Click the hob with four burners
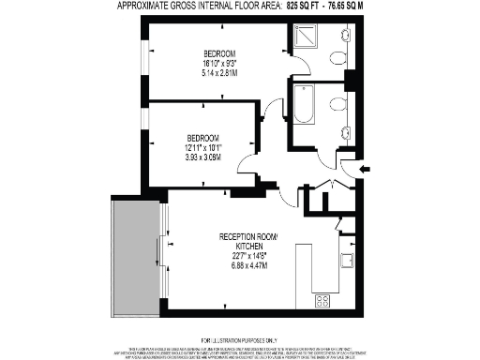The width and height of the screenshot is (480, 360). coord(323,301)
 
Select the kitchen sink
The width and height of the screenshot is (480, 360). coord(346,262)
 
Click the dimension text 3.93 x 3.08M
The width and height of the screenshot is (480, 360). coord(202,157)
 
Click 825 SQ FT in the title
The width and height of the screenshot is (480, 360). coord(307,6)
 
